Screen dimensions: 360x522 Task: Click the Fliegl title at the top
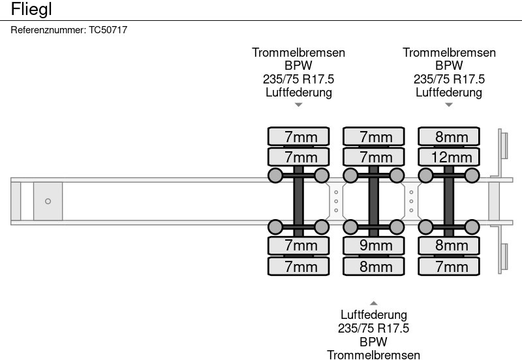point(31,9)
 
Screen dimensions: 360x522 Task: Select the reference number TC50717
point(108,30)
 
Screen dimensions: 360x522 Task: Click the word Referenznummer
point(48,30)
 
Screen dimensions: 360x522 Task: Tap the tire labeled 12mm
point(449,157)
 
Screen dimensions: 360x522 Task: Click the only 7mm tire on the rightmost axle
point(449,266)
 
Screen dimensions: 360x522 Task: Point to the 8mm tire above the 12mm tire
point(449,136)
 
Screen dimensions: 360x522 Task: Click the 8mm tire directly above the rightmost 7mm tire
point(449,246)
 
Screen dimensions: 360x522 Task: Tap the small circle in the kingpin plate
point(48,201)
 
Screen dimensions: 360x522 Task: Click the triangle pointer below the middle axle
point(374,303)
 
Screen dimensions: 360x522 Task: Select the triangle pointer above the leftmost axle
point(298,104)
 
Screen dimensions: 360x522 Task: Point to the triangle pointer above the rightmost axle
point(449,104)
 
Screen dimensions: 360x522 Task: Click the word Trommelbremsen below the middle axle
point(374,354)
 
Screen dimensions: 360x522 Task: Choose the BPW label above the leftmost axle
point(298,66)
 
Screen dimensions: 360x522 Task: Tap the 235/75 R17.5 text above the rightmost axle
point(449,79)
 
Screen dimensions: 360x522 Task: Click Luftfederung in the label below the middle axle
point(374,316)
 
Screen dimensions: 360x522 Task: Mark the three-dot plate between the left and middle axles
point(336,201)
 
